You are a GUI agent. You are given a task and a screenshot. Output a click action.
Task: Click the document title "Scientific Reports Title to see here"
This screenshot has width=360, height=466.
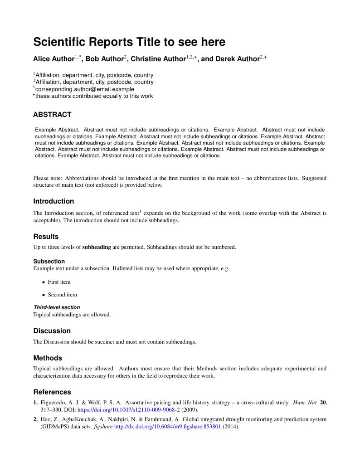129,42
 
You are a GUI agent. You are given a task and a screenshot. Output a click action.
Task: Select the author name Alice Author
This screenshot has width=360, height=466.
54,59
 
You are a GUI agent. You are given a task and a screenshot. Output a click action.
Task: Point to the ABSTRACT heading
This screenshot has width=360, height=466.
52,115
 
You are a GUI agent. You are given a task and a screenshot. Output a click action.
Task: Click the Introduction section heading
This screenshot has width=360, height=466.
54,201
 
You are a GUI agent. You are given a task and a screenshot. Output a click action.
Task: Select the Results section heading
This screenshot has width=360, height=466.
46,237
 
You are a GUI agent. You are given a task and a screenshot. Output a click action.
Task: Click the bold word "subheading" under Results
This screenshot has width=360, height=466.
97,247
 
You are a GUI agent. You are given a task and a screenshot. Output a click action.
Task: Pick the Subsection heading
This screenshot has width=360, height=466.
49,261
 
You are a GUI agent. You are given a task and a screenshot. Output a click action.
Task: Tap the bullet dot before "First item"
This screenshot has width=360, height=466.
44,282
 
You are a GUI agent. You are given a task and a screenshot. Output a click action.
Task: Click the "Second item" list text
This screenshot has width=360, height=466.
63,295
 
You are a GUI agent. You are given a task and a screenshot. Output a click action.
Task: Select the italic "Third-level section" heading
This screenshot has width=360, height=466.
57,307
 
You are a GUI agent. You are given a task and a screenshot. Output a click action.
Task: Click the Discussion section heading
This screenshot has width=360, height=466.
52,331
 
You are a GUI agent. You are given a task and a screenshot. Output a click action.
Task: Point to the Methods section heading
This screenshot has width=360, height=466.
48,358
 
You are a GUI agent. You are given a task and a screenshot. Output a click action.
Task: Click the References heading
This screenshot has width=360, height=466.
52,392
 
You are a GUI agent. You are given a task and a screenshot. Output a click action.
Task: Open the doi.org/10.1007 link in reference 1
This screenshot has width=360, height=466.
129,409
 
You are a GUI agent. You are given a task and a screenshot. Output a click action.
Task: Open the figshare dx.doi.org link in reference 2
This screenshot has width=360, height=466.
167,427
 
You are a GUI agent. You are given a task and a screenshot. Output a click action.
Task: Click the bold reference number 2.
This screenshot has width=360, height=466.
35,419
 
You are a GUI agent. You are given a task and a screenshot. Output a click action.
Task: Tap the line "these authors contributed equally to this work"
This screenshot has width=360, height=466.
94,96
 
